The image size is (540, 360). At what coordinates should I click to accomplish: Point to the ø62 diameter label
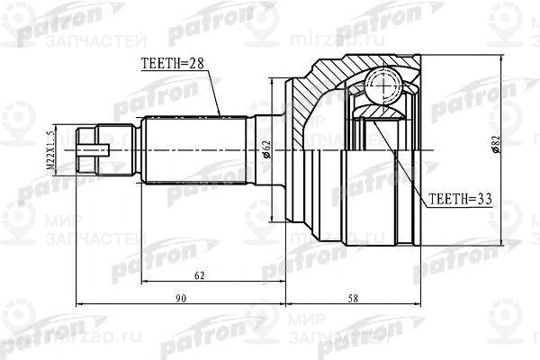point(266,149)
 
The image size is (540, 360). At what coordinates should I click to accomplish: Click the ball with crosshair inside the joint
point(384,90)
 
